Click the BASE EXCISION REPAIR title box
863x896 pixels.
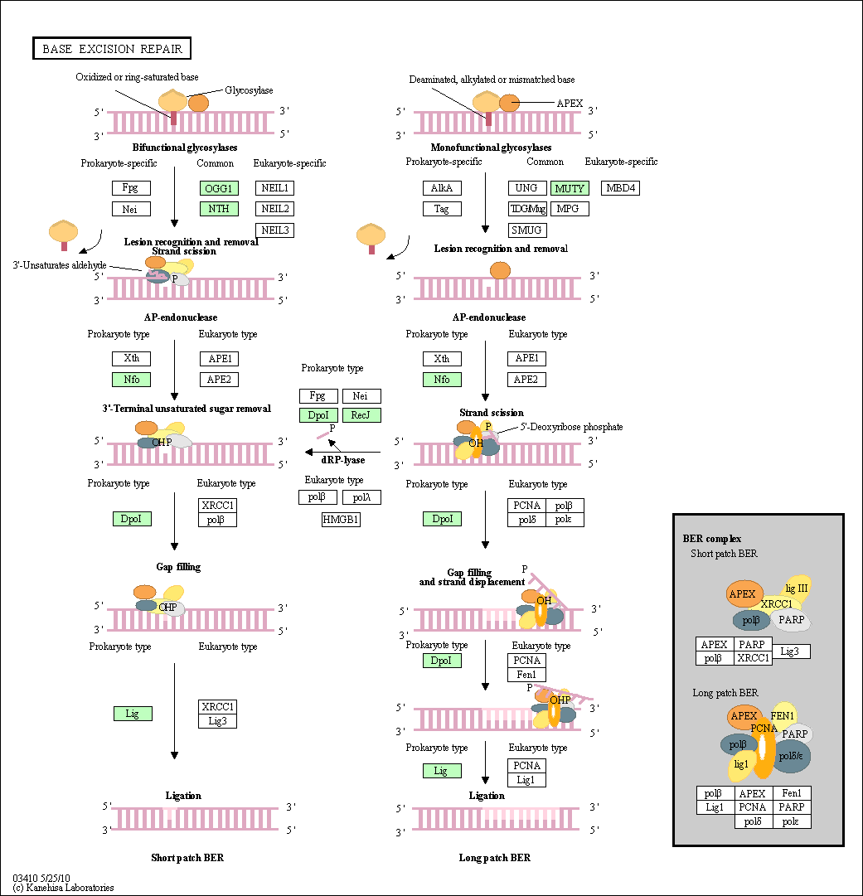(113, 49)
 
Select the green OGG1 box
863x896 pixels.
(219, 188)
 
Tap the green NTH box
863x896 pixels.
(219, 209)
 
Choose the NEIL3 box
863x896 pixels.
(274, 230)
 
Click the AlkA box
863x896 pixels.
(442, 188)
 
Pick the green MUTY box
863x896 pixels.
(569, 188)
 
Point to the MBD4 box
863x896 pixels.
(620, 188)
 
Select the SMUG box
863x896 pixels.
(526, 230)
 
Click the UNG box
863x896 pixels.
(526, 188)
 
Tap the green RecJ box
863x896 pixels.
(361, 415)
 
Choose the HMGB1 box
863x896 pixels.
(341, 520)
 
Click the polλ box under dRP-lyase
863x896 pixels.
(361, 497)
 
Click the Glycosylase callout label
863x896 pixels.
(249, 90)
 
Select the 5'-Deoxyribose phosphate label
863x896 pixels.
(571, 427)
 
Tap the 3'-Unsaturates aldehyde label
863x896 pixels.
(59, 264)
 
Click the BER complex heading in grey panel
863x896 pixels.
(706, 539)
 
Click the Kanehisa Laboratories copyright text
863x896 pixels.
(63, 888)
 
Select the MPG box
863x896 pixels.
(569, 209)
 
